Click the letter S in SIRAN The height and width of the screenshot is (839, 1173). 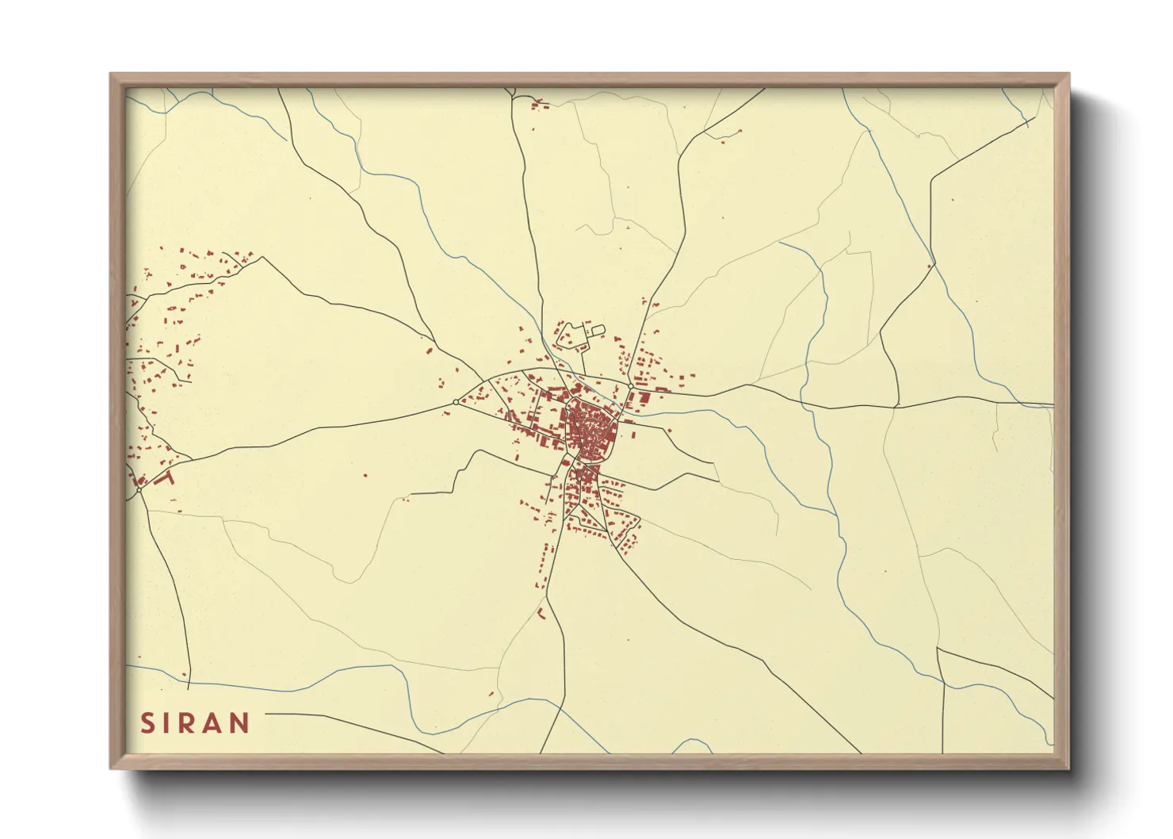[147, 723]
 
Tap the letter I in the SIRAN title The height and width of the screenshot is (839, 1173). [166, 723]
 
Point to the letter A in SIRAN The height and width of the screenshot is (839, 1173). [212, 723]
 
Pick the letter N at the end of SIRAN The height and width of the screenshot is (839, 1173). [239, 723]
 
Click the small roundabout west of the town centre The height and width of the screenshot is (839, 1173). [455, 402]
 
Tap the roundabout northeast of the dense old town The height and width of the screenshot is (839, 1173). [630, 387]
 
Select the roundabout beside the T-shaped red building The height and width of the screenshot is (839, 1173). [139, 490]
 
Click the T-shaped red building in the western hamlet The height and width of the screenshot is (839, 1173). [165, 477]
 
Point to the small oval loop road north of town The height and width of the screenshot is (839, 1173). [598, 329]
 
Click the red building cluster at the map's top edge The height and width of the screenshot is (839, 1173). [538, 104]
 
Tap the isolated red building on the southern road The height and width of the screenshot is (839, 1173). [542, 611]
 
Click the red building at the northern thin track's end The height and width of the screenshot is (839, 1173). [626, 228]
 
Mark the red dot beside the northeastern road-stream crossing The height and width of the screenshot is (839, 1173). [929, 266]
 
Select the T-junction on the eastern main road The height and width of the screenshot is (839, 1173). [897, 406]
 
